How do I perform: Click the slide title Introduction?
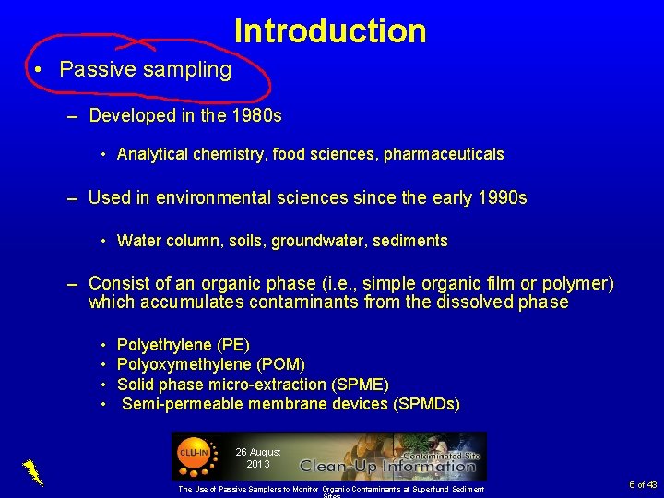(x=330, y=31)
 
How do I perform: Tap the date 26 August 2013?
(x=257, y=457)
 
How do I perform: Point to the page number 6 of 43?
(x=643, y=484)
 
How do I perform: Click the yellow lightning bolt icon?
(x=32, y=471)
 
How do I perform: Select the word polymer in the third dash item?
(x=577, y=283)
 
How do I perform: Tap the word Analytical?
(x=152, y=155)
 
